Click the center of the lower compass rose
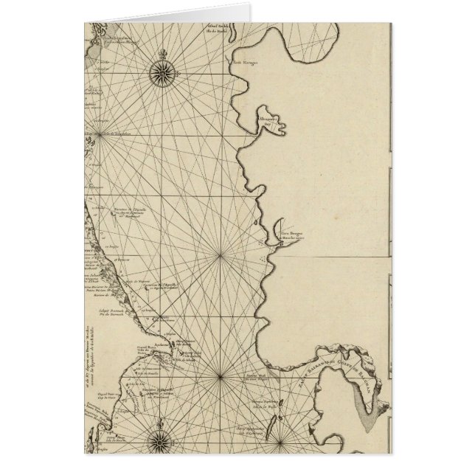tap(162, 442)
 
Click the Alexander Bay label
tap(266, 121)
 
